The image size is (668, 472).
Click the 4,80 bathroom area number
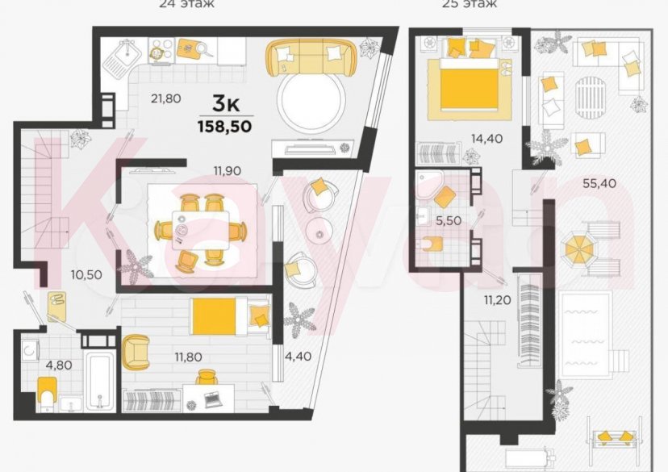click(x=58, y=364)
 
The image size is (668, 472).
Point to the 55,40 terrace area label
click(x=599, y=182)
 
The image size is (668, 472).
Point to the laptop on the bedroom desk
click(x=213, y=397)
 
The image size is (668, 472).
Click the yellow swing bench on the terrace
click(x=614, y=436)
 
